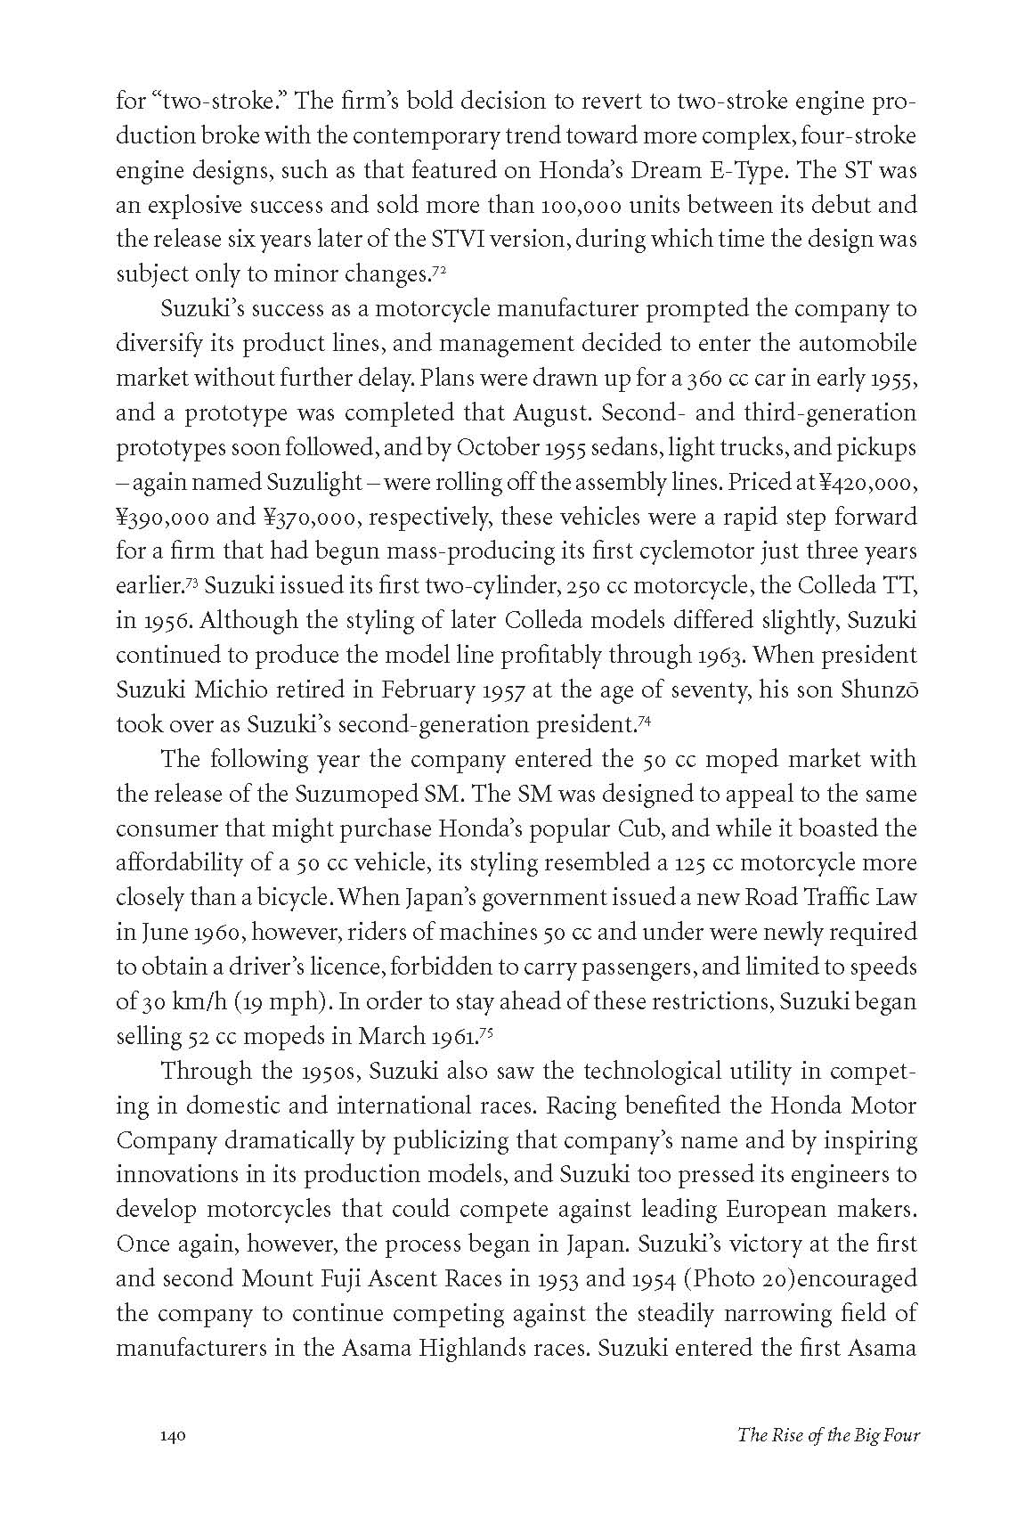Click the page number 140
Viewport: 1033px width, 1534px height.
(x=172, y=1435)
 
